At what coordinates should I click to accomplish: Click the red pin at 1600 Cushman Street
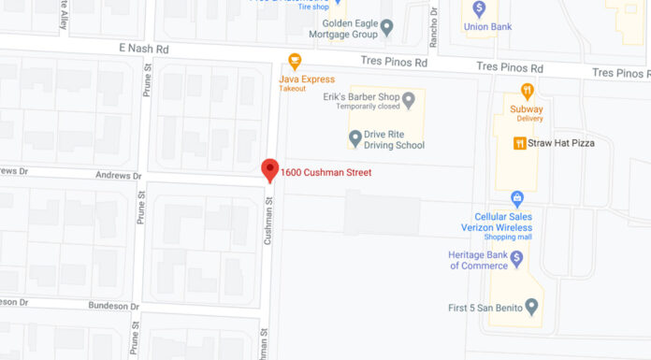pyautogui.click(x=270, y=169)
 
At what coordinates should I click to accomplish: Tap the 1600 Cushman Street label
pyautogui.click(x=326, y=173)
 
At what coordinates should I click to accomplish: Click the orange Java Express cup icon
pyautogui.click(x=295, y=62)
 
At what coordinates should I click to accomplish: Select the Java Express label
pyautogui.click(x=307, y=79)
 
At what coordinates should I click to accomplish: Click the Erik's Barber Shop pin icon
pyautogui.click(x=409, y=99)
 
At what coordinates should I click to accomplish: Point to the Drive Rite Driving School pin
pyautogui.click(x=355, y=138)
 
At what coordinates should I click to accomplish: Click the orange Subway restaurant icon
pyautogui.click(x=528, y=92)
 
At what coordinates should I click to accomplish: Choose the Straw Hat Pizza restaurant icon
pyautogui.click(x=518, y=143)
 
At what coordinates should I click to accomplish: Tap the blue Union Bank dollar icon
pyautogui.click(x=480, y=8)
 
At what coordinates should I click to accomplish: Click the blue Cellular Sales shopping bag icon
pyautogui.click(x=516, y=198)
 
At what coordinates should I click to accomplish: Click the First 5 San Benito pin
pyautogui.click(x=532, y=306)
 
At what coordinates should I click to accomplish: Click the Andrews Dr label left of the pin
pyautogui.click(x=118, y=176)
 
